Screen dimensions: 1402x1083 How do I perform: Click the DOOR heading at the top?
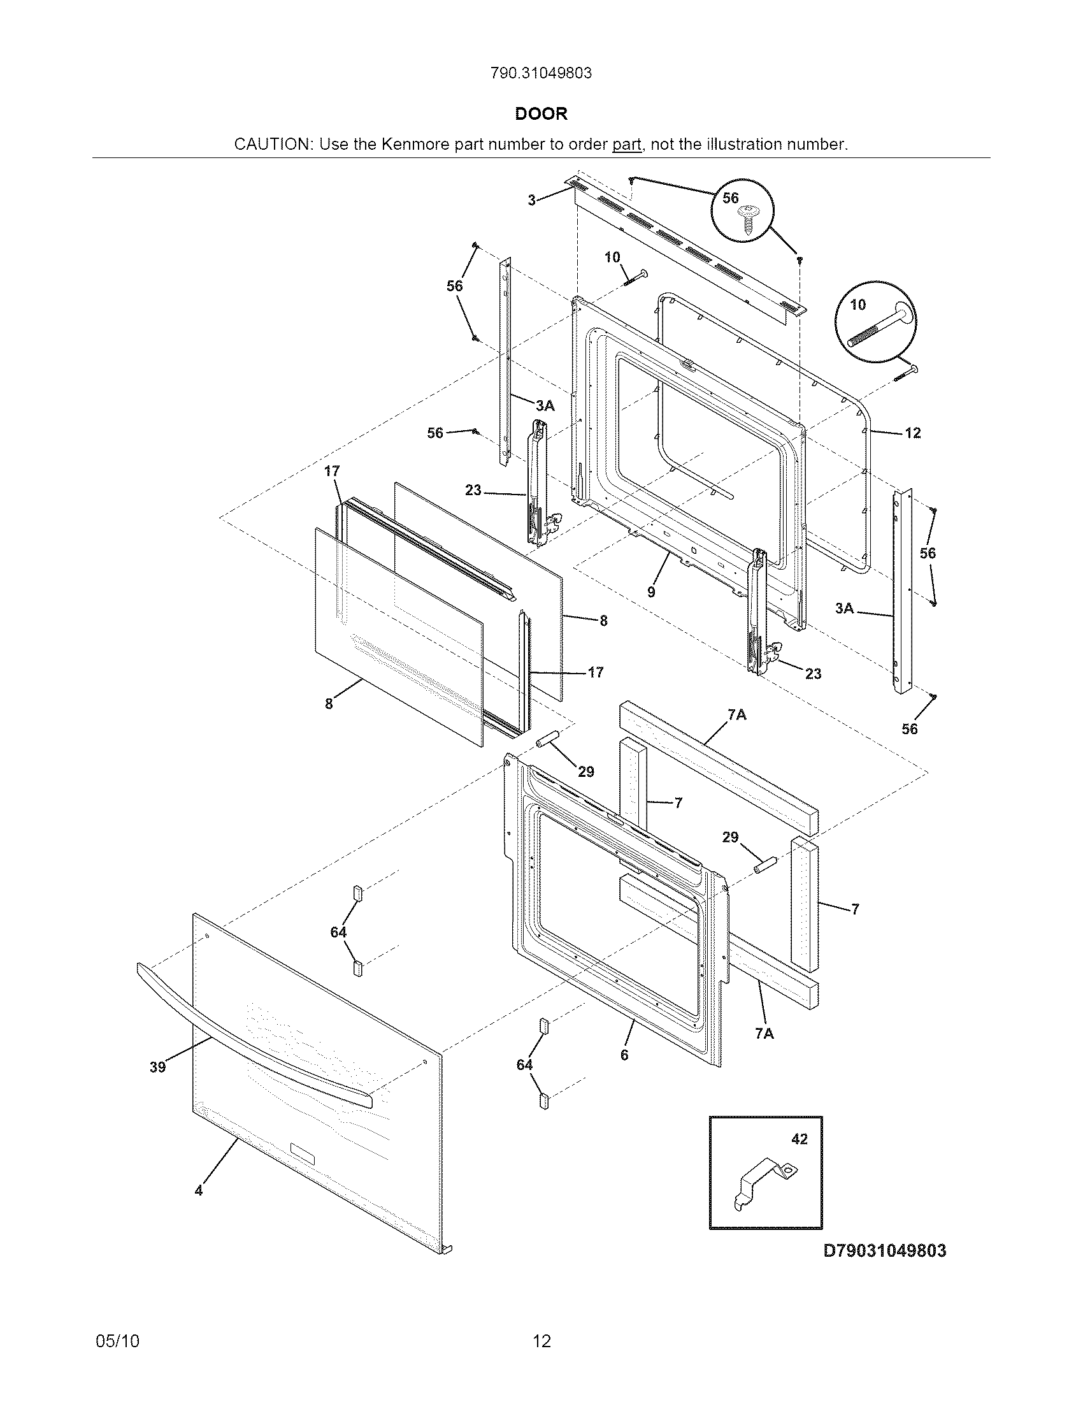(541, 114)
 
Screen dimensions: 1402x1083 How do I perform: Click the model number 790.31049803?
(541, 73)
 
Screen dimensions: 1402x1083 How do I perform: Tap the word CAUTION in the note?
(272, 145)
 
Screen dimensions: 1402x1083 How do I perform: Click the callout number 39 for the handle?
(157, 1067)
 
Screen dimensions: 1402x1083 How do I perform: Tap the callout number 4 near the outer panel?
(199, 1191)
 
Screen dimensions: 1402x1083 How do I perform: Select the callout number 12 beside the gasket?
(912, 433)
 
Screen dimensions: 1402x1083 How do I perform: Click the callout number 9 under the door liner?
(651, 592)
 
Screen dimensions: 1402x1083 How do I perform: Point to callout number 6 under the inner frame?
(624, 1055)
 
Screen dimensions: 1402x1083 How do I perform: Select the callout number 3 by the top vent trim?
(531, 200)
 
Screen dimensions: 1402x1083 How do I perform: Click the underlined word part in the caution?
(627, 145)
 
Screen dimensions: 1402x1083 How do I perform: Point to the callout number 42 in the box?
(800, 1139)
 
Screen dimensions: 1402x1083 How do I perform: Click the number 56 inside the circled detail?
(731, 198)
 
